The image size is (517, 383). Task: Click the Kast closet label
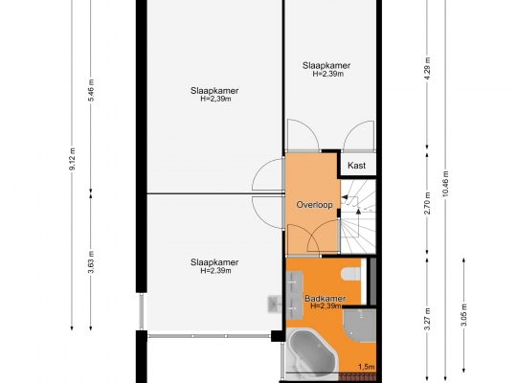[x=357, y=166]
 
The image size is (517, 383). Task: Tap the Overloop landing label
[x=314, y=205]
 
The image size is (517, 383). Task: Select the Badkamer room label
[x=325, y=299]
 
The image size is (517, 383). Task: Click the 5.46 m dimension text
[x=91, y=90]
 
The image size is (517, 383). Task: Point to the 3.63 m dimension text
[x=91, y=262]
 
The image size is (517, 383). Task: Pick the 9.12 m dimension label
[x=72, y=159]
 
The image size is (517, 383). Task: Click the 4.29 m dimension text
[x=427, y=69]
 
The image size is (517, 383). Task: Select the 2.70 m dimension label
[x=427, y=203]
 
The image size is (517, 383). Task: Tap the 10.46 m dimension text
[x=446, y=184]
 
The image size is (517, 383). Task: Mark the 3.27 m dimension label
[x=427, y=319]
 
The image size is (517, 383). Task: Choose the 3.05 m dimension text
[x=464, y=314]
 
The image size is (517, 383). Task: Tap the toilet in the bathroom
[x=351, y=275]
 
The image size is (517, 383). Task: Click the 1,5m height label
[x=367, y=367]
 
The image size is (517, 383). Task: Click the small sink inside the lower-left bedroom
[x=275, y=304]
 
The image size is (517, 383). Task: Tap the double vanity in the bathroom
[x=294, y=295]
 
